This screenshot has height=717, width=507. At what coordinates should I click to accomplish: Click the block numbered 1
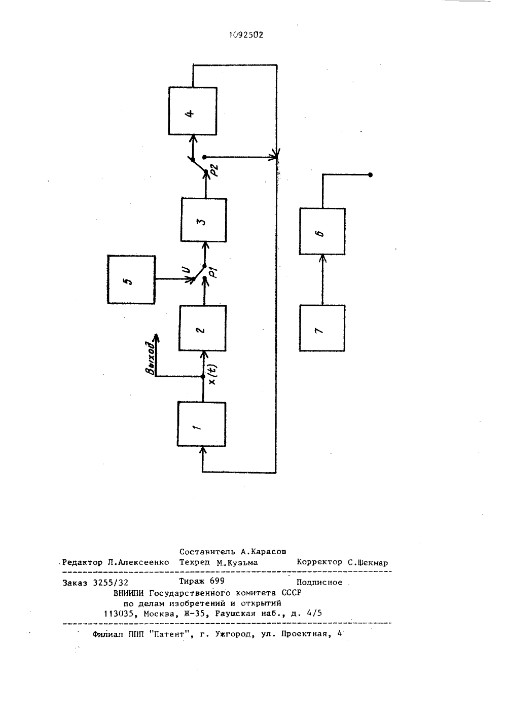coord(201,424)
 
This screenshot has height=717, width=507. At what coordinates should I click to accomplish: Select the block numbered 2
coord(203,328)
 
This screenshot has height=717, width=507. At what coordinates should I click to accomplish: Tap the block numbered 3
coord(204,220)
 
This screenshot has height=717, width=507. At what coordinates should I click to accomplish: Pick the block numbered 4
coord(193,111)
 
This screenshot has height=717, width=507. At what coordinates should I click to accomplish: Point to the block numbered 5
coord(131,279)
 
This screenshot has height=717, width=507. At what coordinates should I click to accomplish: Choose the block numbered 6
coord(322,231)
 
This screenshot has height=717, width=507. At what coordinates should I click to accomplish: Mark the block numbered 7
coord(322,328)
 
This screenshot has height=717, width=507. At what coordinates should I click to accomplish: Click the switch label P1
coord(213,272)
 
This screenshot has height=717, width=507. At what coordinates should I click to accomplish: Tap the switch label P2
coord(214,170)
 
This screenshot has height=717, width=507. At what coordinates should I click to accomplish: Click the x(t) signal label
coord(212,375)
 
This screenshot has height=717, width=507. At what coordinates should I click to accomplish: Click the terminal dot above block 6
coord(370,175)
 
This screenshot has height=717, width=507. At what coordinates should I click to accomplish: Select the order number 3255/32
coord(111,583)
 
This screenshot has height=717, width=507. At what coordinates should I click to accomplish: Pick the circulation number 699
coord(217,581)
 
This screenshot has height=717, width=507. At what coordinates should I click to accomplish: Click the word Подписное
coord(319,582)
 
